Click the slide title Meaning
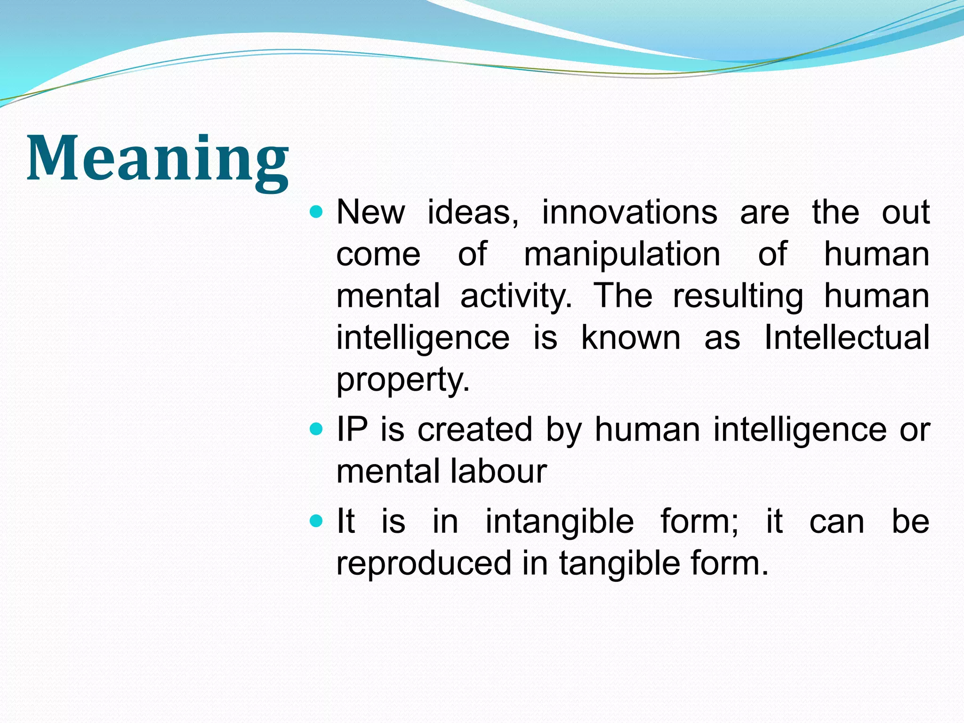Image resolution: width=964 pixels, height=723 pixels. [x=158, y=159]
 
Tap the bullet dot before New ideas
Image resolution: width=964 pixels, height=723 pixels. [x=317, y=212]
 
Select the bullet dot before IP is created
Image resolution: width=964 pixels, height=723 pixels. [x=317, y=429]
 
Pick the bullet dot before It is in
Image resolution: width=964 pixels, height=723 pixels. [x=317, y=521]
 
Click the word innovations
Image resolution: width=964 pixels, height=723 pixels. [x=630, y=212]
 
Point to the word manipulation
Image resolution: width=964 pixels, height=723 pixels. [x=622, y=254]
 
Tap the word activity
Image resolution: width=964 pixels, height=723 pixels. [x=516, y=296]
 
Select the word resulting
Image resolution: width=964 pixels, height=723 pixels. [x=738, y=296]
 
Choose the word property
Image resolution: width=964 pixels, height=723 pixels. [x=402, y=380]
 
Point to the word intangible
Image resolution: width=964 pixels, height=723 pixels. [x=560, y=522]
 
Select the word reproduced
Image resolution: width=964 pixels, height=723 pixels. [x=424, y=563]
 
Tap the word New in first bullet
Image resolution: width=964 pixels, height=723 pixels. [x=370, y=212]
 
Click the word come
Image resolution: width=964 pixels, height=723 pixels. [x=378, y=254]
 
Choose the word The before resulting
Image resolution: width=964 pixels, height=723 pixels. [x=623, y=296]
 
